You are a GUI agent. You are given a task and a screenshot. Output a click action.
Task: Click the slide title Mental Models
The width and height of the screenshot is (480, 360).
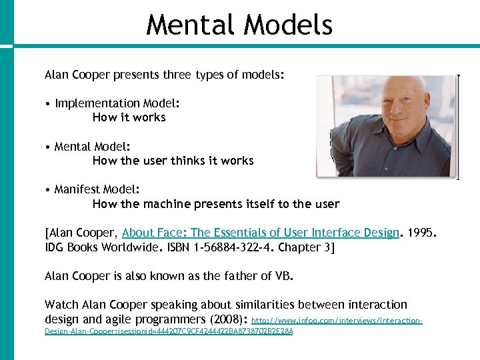coord(239,25)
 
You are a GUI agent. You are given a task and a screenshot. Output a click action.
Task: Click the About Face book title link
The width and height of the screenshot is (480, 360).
coord(260,233)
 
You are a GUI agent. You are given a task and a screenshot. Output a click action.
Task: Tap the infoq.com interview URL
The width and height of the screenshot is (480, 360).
coord(337,321)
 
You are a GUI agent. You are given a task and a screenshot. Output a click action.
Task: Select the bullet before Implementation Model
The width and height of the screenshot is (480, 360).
coord(49,103)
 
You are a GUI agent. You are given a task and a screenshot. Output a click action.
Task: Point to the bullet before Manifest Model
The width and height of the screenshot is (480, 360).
coord(49,190)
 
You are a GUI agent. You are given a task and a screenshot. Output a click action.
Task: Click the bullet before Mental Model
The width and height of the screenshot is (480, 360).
coord(49,147)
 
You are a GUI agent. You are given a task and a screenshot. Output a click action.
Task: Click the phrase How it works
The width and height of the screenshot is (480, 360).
coord(129,117)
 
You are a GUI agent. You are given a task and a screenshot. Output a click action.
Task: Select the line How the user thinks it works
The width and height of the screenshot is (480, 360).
coord(173,161)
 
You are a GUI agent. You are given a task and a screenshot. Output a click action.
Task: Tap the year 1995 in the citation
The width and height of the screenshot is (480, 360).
coord(423,233)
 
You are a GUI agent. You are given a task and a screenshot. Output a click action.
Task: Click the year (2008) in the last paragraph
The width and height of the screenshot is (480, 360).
coord(227,319)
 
